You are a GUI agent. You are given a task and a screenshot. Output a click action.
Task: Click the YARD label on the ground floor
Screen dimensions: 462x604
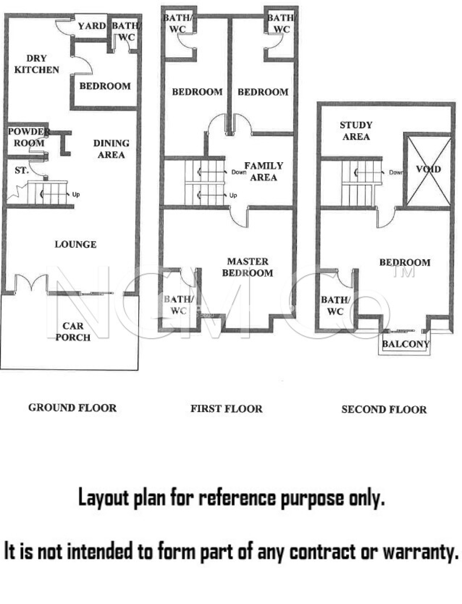(92, 26)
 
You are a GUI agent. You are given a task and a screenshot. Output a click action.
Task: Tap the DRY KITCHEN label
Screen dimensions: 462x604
(37, 64)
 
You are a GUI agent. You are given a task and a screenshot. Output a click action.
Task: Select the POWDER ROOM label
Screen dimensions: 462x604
(29, 137)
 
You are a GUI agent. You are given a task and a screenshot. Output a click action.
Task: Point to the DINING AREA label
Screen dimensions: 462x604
(111, 149)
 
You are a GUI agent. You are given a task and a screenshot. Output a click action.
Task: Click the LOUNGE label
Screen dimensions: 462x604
(76, 244)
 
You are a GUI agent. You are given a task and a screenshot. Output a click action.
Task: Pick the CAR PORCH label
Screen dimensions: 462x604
(73, 332)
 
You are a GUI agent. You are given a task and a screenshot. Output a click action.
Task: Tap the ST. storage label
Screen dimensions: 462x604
(22, 170)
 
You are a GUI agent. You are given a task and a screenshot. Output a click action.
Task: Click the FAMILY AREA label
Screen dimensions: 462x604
(264, 171)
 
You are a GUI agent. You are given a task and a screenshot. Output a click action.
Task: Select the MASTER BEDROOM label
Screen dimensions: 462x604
(248, 267)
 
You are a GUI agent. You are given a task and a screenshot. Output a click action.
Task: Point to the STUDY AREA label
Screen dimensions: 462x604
(356, 131)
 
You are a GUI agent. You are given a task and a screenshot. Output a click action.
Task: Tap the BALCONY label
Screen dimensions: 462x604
(406, 344)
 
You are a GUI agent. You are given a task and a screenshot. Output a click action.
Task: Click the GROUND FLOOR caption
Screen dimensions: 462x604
(73, 408)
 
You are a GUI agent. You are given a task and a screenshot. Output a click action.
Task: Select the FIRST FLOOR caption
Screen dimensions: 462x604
(226, 409)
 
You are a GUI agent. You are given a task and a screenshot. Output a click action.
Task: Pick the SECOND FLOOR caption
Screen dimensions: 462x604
(384, 410)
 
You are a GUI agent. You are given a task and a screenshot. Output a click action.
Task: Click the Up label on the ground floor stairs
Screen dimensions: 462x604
(76, 195)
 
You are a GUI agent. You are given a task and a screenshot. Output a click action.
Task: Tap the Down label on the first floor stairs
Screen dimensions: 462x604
(239, 172)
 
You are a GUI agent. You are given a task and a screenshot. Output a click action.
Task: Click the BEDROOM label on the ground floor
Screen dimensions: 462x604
(105, 86)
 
